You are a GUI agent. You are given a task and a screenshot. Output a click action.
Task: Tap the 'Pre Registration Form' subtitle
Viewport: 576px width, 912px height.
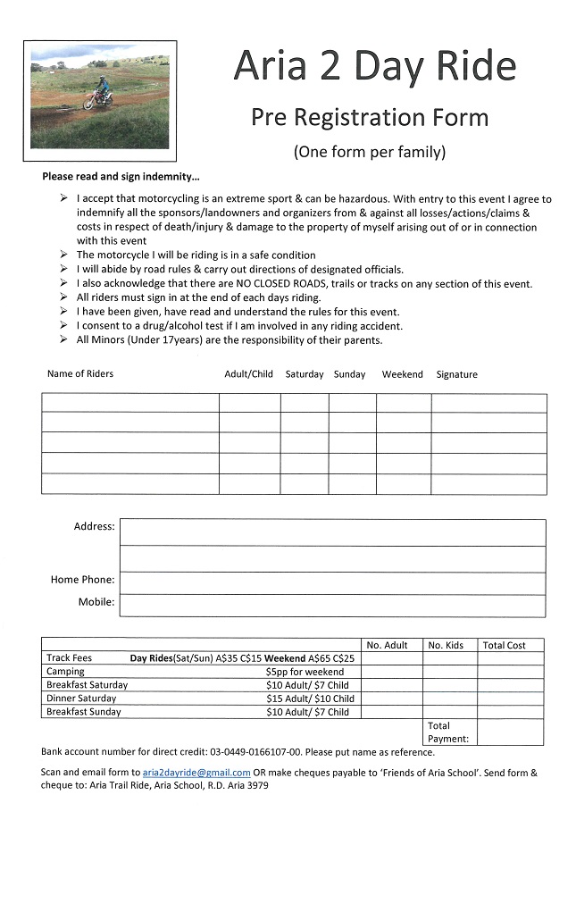(369, 117)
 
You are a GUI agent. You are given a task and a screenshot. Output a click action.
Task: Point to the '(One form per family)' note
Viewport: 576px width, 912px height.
(369, 152)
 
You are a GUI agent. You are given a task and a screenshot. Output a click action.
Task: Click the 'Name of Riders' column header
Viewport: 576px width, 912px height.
(80, 373)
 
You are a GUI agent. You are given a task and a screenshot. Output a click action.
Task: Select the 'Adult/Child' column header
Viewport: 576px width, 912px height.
(248, 374)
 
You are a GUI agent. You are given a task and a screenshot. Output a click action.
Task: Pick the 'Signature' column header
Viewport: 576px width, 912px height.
(456, 374)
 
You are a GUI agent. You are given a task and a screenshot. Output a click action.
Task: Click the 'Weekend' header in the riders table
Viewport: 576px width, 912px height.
(402, 374)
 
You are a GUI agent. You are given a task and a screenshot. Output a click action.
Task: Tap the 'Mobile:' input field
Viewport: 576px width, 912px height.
(332, 606)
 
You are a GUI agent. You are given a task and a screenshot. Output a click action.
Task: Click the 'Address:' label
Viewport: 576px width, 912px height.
(94, 527)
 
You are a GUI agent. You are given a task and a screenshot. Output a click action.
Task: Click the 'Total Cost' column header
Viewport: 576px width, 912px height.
(504, 645)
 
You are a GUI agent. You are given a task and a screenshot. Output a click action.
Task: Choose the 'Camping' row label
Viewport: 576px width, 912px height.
(65, 672)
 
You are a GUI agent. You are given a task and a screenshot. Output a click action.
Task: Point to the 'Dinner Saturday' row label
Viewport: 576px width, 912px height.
(81, 699)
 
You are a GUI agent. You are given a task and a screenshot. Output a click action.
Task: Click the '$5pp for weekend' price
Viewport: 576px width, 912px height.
(305, 672)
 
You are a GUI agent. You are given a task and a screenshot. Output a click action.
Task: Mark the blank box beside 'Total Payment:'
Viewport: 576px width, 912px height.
(510, 732)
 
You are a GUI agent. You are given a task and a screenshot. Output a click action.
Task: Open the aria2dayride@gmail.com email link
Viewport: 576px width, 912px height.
(196, 773)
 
